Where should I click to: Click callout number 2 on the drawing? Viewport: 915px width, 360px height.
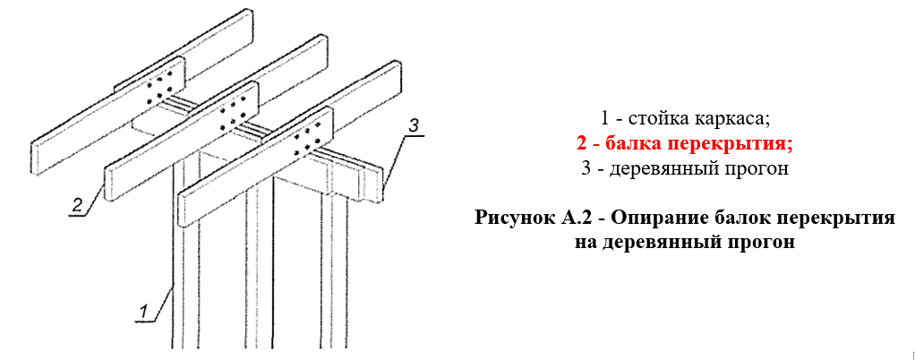pos(78,204)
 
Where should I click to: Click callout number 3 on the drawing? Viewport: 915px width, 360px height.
pos(412,125)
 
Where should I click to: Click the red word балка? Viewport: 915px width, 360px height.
pos(631,143)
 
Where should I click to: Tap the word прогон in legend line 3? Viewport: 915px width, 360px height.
pos(753,170)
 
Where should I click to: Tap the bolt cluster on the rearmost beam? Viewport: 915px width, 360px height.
pos(160,87)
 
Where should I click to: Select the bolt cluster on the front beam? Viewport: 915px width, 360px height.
pos(307,139)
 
